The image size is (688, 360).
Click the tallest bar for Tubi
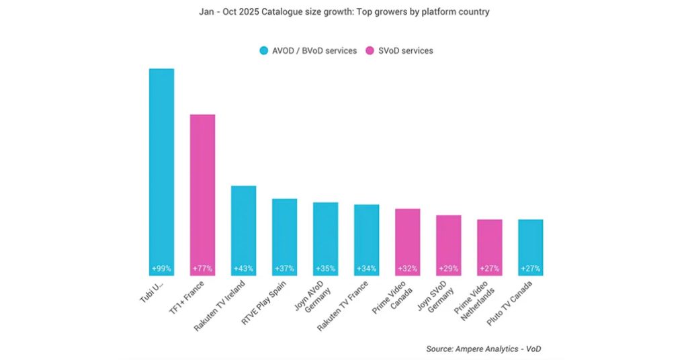coord(161,172)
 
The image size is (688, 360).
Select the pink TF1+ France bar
coord(202,195)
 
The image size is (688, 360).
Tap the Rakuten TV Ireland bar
coord(243,230)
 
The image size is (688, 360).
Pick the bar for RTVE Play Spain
coord(284,237)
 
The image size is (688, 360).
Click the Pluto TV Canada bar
coord(531,248)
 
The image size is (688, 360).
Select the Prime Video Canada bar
coord(408,242)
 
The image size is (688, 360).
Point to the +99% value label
coord(161,269)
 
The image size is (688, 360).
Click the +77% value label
coord(202,269)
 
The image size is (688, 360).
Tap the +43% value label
coord(243,269)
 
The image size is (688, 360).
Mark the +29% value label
coord(448,269)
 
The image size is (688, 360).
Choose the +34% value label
coord(366,269)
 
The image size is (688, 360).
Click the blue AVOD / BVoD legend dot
coord(263,51)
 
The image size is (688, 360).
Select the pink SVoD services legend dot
coord(370,51)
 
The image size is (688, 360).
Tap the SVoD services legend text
coord(406,51)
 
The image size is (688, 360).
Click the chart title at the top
coord(344,12)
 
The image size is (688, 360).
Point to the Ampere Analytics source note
coord(484,349)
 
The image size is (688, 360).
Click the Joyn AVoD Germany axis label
coord(312,296)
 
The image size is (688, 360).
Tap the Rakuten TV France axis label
coord(343,306)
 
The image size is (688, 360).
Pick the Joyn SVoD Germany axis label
coord(435,296)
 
